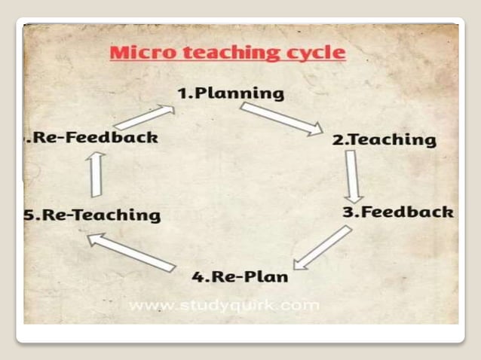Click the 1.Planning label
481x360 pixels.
pos(220,93)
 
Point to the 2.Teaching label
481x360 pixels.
pos(384,139)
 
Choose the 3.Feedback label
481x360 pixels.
pos(398,212)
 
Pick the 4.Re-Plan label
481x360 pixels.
pos(240,276)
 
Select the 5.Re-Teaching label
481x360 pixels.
pos(92,215)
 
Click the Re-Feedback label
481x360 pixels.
pos(93,137)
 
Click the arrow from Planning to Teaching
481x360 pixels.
pos(281,119)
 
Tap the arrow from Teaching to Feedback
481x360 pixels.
pos(352,174)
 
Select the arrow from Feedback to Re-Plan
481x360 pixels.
pos(323,246)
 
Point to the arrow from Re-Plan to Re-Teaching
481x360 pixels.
pos(131,252)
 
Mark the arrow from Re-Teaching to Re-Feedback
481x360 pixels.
pos(96,173)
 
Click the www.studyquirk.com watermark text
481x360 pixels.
pos(224,306)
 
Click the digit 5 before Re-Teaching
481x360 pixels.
pos(29,215)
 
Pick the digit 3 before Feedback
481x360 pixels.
pos(348,212)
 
